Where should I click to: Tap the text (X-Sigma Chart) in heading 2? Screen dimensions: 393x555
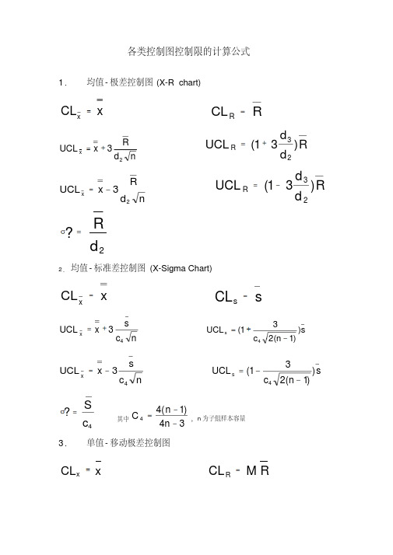(x=181, y=268)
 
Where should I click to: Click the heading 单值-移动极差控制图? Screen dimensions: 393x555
(x=134, y=443)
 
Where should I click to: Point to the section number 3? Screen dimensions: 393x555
(x=63, y=443)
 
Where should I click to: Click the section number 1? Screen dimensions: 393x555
(x=63, y=82)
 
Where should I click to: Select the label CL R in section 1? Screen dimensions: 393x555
(x=223, y=113)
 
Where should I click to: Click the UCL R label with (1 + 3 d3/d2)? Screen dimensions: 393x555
(x=223, y=145)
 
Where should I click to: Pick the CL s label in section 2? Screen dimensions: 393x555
(x=225, y=298)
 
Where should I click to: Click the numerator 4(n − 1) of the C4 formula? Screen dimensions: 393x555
(x=170, y=410)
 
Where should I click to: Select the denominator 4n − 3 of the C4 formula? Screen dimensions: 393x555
(x=170, y=423)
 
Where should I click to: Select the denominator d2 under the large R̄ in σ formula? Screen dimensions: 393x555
(x=97, y=247)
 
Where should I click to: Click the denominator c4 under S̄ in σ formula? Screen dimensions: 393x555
(x=89, y=424)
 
